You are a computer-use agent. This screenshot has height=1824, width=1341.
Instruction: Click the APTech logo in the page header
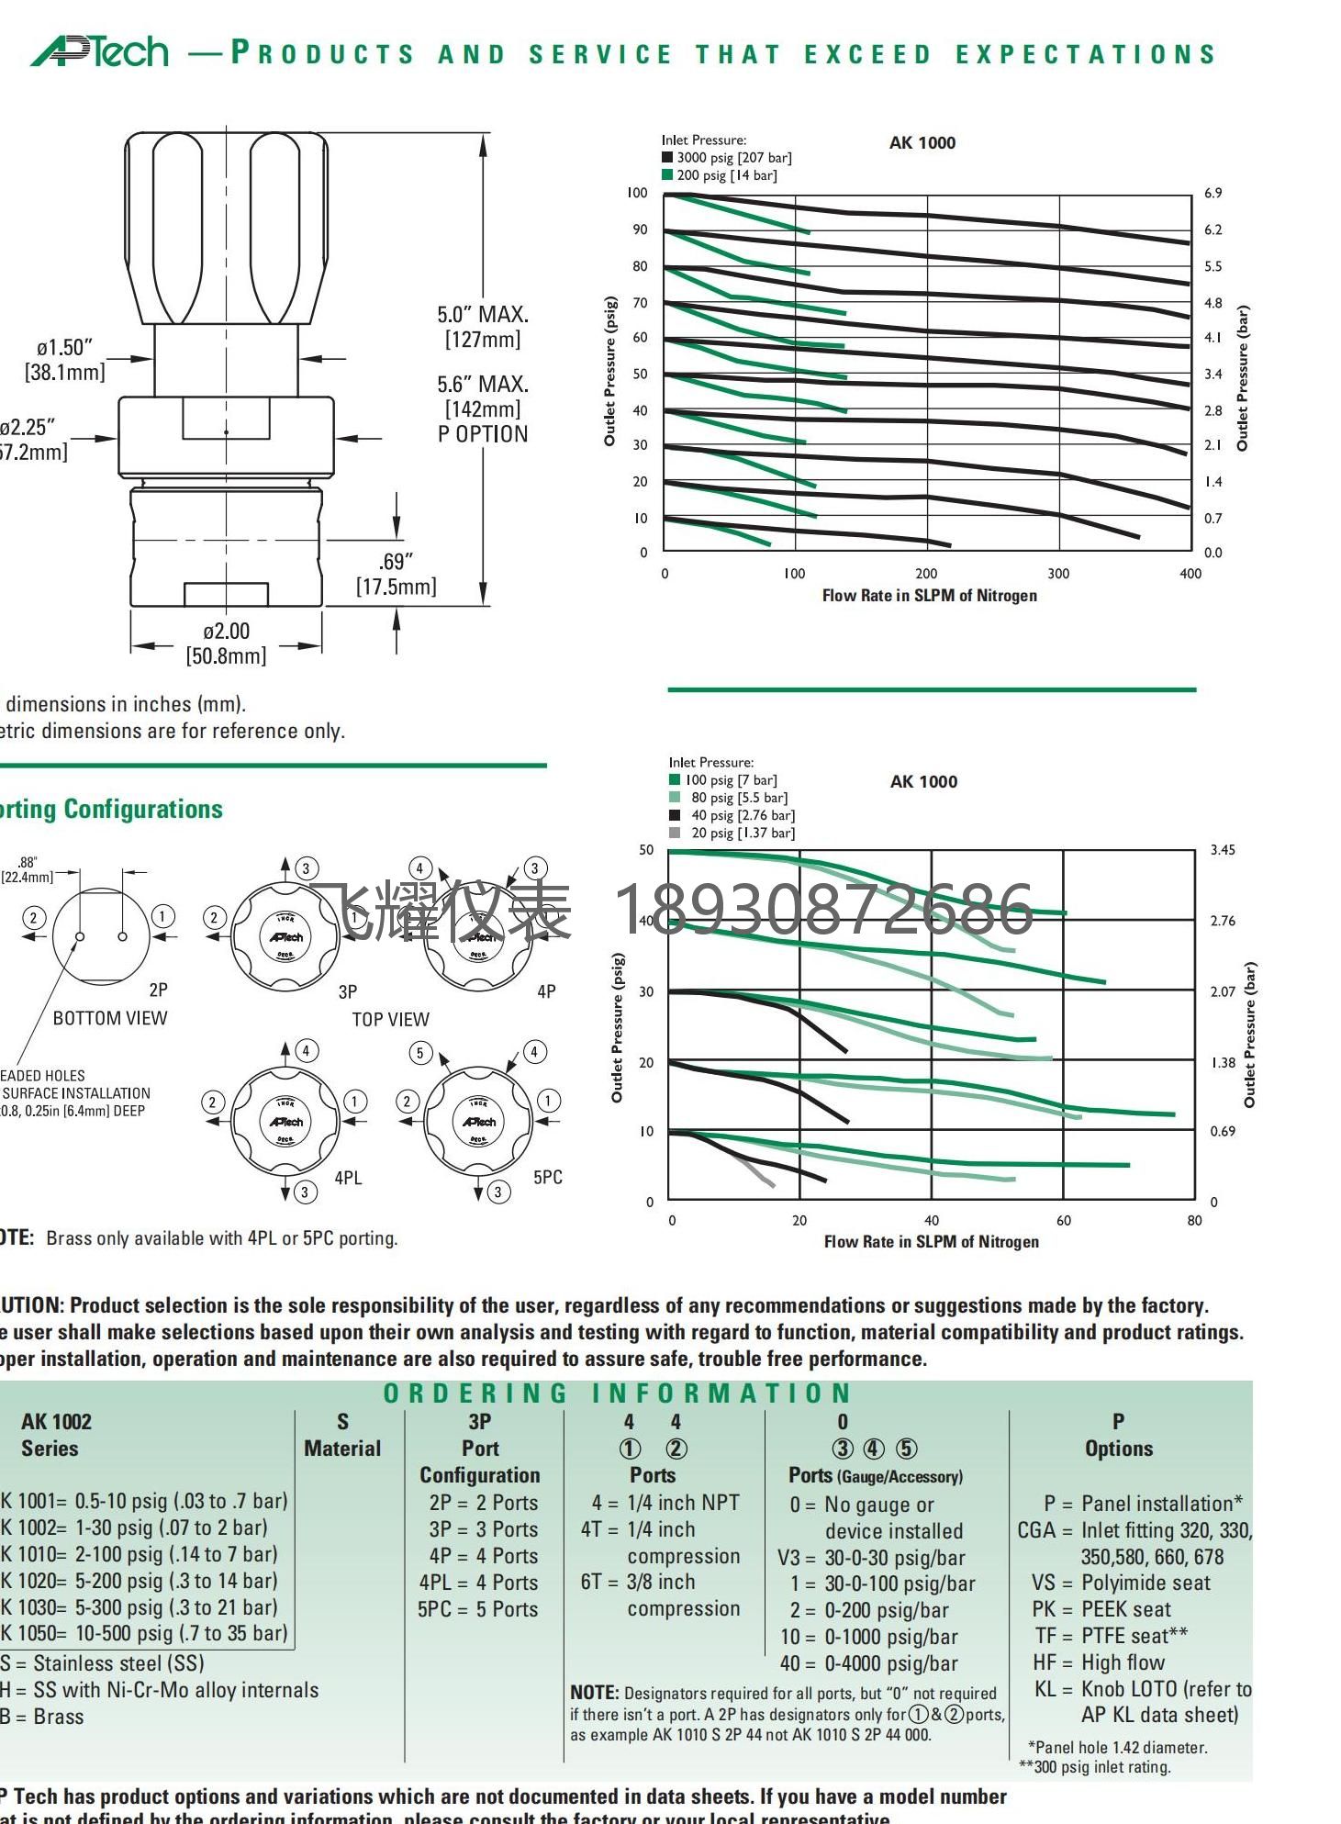point(100,51)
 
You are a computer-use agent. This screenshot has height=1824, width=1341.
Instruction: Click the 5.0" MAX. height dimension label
point(483,315)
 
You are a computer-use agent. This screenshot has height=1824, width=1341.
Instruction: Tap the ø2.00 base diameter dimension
point(226,632)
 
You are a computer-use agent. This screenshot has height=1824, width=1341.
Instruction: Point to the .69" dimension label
point(396,562)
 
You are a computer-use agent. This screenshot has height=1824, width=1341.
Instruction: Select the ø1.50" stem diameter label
point(65,348)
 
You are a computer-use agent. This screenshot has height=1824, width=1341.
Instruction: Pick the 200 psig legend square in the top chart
point(667,174)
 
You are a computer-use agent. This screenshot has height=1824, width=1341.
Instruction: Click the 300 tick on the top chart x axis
point(1058,574)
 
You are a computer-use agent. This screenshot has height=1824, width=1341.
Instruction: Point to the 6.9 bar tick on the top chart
point(1212,193)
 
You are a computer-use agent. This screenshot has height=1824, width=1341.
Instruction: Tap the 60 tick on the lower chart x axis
point(1063,1221)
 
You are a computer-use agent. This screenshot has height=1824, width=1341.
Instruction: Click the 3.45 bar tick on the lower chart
point(1223,850)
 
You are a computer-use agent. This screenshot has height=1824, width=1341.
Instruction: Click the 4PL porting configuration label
point(348,1178)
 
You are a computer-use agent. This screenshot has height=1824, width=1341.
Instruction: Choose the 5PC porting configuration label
point(547,1177)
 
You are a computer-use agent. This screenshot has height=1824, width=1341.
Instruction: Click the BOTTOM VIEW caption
point(110,1018)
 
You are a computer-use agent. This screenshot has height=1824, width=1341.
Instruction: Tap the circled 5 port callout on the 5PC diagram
point(420,1052)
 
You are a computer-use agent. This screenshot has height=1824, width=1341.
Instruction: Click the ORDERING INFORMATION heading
point(618,1393)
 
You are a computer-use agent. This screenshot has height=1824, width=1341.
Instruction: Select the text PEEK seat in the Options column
point(1126,1609)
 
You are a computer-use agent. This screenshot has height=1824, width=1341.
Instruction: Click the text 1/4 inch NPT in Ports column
point(683,1503)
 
